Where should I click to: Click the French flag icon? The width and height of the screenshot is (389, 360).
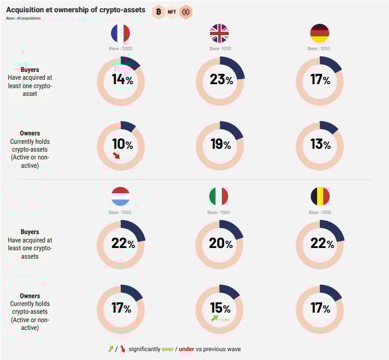pos(120,33)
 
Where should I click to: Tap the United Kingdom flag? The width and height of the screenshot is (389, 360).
pos(219,33)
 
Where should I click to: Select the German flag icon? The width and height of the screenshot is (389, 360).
pos(319,33)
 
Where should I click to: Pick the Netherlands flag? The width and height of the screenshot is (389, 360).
pos(120,196)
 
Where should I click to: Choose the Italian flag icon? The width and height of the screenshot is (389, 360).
pos(219,196)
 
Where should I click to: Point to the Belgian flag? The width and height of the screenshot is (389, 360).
pos(319,196)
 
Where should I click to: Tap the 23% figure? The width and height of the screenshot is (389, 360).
pos(220,80)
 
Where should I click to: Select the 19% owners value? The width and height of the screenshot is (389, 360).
pos(220,145)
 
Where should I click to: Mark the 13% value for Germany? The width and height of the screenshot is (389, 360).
pos(320,145)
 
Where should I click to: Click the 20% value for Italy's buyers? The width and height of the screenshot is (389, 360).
pos(220,244)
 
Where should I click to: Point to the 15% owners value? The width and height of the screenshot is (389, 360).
pos(220,308)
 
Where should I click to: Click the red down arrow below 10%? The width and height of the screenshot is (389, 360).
pos(117,156)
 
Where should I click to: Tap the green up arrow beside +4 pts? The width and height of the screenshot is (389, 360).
pos(214,319)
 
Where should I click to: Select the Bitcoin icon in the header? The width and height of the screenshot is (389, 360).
pos(158,11)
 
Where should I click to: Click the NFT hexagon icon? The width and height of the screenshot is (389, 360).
pos(172,11)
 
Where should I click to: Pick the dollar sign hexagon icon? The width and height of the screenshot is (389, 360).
pos(186,11)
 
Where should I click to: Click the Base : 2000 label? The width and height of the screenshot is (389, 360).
pos(120,48)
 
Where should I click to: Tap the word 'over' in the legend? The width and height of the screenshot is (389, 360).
pos(168,349)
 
